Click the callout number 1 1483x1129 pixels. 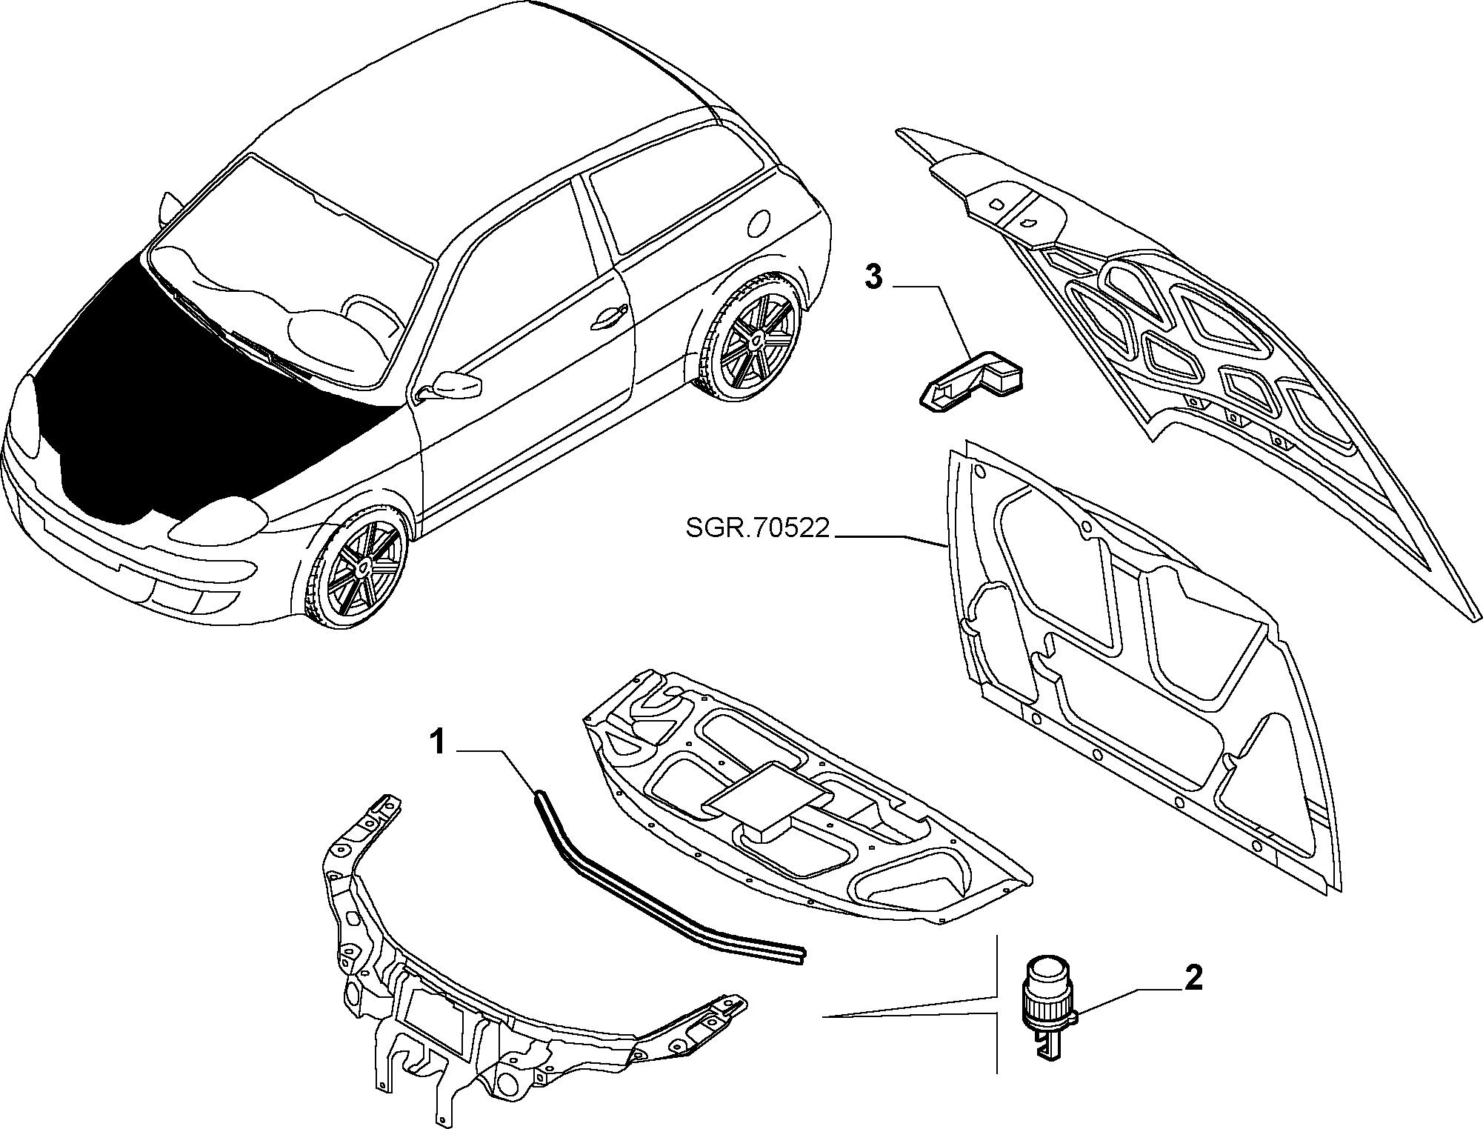click(439, 742)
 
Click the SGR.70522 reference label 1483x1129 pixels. click(756, 529)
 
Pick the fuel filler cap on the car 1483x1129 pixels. click(759, 222)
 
